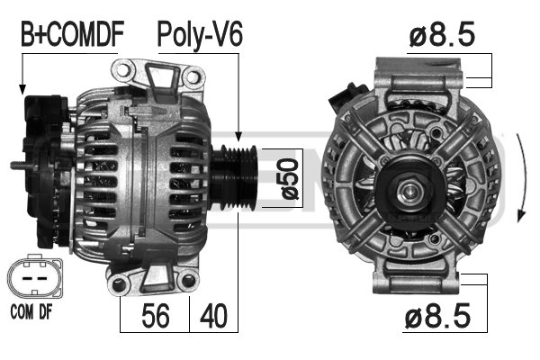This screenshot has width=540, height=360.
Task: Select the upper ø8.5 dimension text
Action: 442,35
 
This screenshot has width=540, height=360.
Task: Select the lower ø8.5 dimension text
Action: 442,318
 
